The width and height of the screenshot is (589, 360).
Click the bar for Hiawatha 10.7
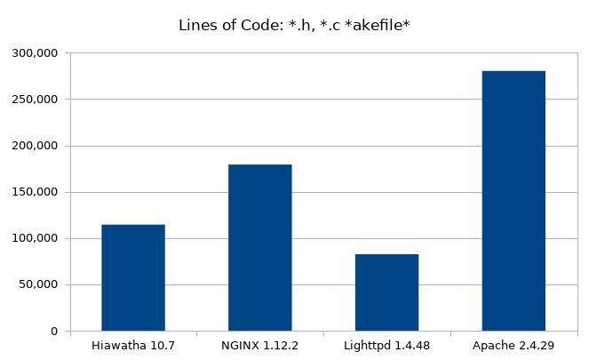pos(133,277)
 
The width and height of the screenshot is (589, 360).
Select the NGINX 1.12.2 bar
pos(259,247)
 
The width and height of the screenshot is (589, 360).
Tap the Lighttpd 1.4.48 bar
pos(386,292)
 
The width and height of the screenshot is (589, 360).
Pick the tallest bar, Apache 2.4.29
pos(513,201)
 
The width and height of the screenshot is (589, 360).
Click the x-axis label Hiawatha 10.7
pos(133,345)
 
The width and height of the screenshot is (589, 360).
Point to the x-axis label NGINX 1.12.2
pos(259,345)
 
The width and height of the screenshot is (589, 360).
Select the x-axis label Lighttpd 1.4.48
pos(386,345)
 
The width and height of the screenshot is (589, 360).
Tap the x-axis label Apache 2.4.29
pos(513,345)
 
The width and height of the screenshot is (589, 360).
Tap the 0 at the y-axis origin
pos(55,332)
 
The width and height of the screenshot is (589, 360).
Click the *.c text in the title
pos(327,25)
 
